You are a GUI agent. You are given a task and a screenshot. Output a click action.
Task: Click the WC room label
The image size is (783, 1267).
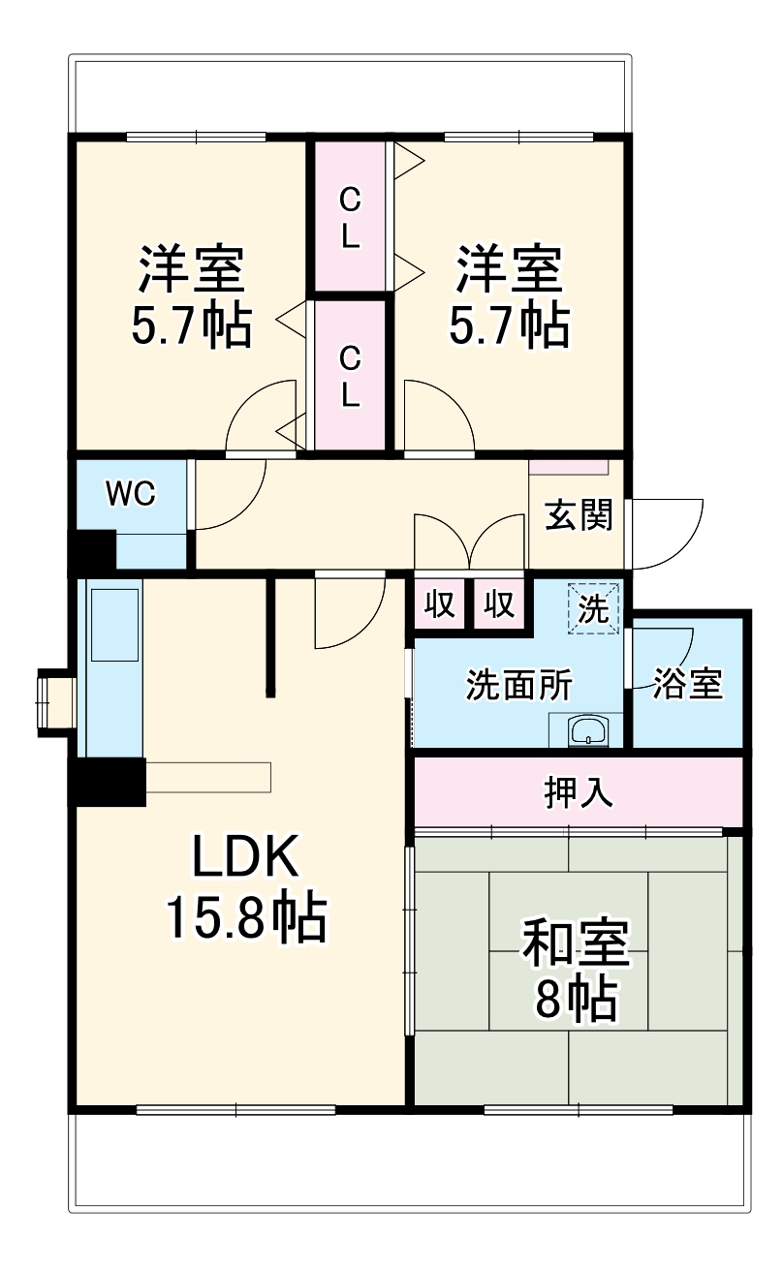(131, 494)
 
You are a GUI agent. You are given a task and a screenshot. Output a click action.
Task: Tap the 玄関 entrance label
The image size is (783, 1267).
(578, 515)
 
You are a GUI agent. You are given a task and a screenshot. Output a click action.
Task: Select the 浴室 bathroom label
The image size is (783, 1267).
(687, 684)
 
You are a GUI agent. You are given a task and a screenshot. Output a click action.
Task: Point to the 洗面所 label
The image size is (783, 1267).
(518, 686)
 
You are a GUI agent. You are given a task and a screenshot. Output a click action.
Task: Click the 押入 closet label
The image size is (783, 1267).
(578, 792)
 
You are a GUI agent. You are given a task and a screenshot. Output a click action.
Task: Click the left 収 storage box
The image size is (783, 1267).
(439, 604)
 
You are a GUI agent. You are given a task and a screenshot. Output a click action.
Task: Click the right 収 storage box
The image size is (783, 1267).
(499, 604)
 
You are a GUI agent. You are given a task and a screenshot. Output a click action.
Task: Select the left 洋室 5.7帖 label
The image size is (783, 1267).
(191, 296)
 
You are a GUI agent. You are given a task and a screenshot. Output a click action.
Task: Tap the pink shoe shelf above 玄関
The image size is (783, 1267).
(569, 466)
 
